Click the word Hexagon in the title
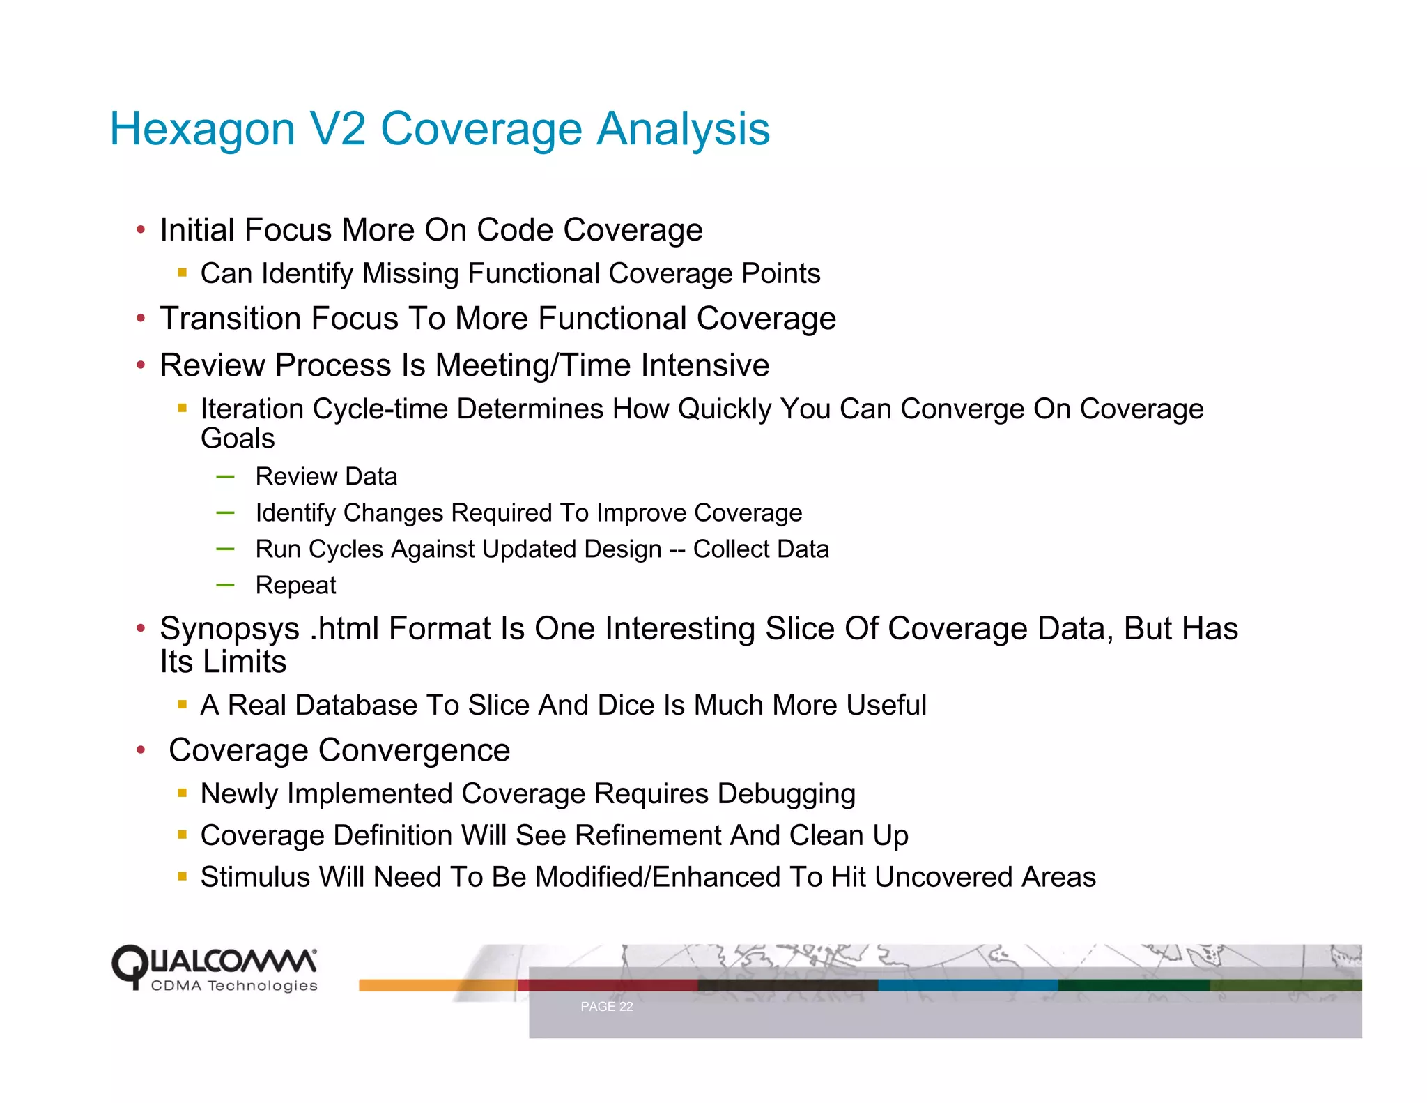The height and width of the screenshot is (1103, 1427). pyautogui.click(x=203, y=130)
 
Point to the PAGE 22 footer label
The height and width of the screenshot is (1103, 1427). pyautogui.click(x=606, y=1006)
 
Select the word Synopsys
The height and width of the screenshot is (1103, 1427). pyautogui.click(x=229, y=630)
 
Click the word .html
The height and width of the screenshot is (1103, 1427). pyautogui.click(x=344, y=628)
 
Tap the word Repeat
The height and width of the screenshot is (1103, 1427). pyautogui.click(x=295, y=586)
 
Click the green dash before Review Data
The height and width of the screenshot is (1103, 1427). pyautogui.click(x=225, y=477)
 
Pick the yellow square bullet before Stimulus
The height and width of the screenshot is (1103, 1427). pyautogui.click(x=183, y=876)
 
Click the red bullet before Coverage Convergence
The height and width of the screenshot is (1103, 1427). pyautogui.click(x=141, y=750)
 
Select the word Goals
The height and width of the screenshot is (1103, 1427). pyautogui.click(x=238, y=439)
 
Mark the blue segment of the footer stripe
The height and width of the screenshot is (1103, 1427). pyautogui.click(x=967, y=985)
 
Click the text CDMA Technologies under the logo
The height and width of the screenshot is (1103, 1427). pyautogui.click(x=234, y=986)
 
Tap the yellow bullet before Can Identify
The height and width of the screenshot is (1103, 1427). pyautogui.click(x=183, y=273)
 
